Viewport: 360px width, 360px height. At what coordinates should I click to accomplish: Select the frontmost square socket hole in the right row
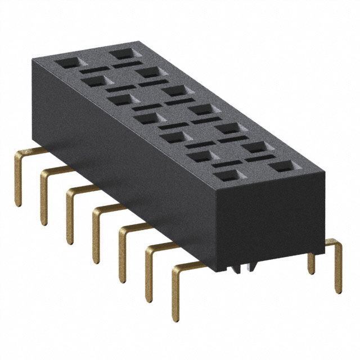click(x=281, y=166)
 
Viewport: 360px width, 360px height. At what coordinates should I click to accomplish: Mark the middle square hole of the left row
click(x=146, y=118)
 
